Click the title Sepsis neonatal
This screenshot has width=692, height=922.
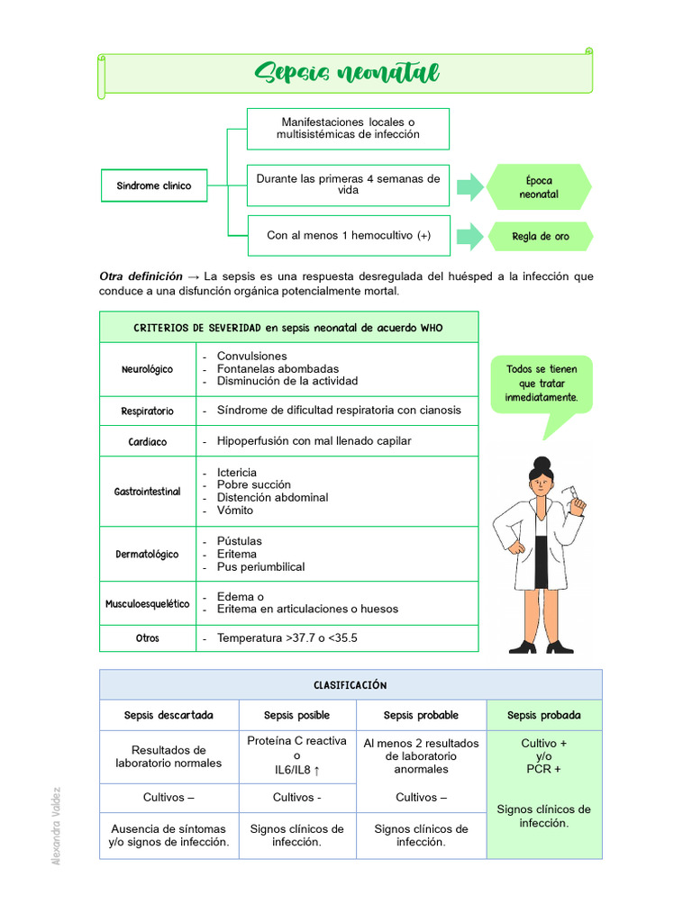point(346,74)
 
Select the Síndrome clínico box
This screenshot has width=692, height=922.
point(153,185)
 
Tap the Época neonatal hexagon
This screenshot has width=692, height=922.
point(539,187)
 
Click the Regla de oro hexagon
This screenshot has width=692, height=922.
point(540,237)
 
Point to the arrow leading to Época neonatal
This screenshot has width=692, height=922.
point(469,187)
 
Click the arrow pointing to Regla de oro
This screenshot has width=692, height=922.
point(469,237)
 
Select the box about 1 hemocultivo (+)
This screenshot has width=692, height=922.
point(348,236)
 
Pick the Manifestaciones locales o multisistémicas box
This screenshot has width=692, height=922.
point(348,128)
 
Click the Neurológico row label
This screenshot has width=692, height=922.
point(147,369)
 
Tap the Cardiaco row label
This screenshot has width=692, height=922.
point(147,442)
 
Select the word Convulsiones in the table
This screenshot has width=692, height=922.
point(251,357)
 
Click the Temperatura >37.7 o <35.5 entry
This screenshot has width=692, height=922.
point(287,638)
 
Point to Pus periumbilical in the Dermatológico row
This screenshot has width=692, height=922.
point(260,567)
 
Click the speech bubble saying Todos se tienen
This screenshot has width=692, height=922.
point(542,384)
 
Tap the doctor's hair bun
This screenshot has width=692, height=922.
point(541,463)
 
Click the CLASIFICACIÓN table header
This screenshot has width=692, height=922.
point(351,685)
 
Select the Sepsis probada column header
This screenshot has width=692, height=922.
point(543,716)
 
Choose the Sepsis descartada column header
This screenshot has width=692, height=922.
point(168,716)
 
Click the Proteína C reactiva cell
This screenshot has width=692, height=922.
point(296,755)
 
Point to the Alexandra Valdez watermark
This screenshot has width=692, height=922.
point(57,826)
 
